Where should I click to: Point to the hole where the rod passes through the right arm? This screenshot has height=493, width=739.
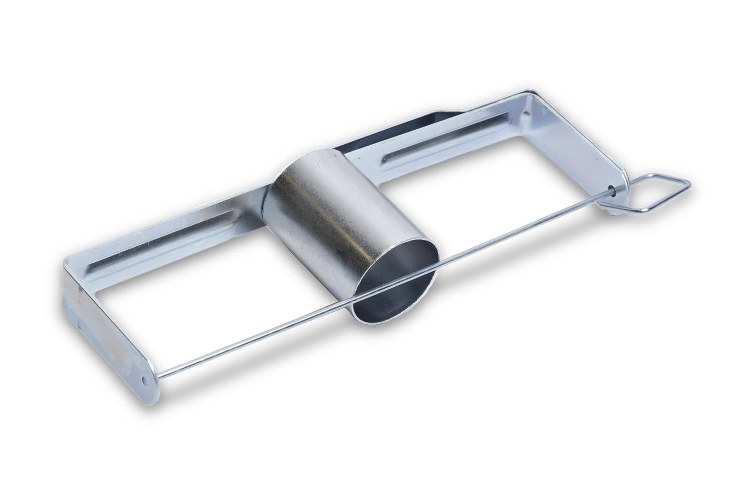[x=614, y=189]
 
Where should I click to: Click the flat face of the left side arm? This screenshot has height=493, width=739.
[x=108, y=328]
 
